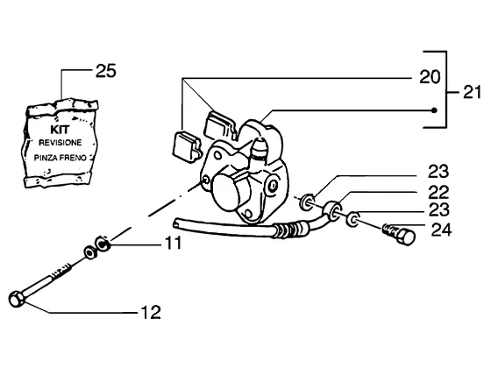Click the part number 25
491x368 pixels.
(x=106, y=71)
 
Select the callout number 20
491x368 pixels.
(x=430, y=77)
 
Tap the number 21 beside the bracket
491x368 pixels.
(x=472, y=92)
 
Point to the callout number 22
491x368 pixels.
(x=438, y=193)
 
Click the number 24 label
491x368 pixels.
(x=442, y=230)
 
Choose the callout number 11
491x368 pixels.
(x=174, y=243)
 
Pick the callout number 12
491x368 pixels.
(x=151, y=312)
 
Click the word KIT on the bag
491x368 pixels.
(x=60, y=130)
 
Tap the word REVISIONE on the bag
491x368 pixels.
(x=60, y=143)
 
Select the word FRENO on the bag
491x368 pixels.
(x=73, y=158)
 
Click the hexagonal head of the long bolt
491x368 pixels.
(x=17, y=299)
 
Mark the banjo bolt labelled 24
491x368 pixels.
(x=400, y=235)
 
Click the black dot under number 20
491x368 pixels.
(x=434, y=110)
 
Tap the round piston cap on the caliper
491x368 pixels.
(x=228, y=192)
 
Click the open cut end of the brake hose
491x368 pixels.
(x=176, y=223)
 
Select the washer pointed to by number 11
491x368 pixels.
(x=103, y=244)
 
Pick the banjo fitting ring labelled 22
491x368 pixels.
(x=332, y=210)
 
